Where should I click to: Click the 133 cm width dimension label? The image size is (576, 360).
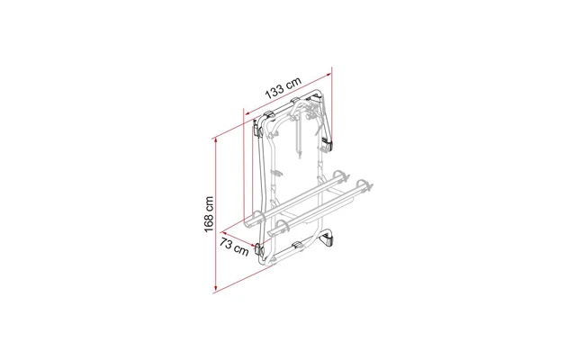click(283, 88)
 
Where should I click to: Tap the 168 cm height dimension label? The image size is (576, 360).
click(209, 214)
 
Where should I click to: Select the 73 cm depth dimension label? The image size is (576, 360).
click(234, 247)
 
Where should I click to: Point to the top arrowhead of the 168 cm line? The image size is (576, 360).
click(216, 141)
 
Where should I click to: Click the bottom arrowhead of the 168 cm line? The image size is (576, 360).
click(216, 287)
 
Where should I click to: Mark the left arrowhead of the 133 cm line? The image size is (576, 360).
click(247, 113)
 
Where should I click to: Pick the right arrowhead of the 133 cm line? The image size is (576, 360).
click(328, 75)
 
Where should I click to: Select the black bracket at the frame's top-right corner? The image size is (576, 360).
click(317, 98)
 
